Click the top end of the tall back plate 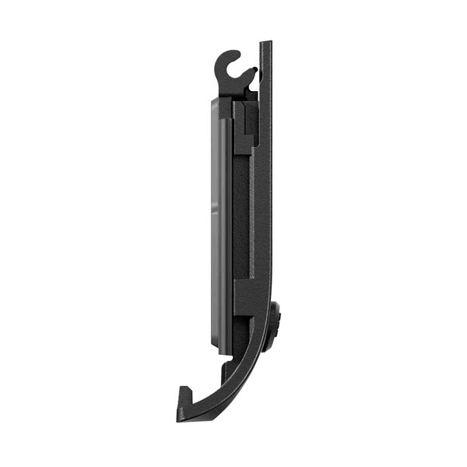coord(266,44)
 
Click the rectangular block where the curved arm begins coord(251,307)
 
